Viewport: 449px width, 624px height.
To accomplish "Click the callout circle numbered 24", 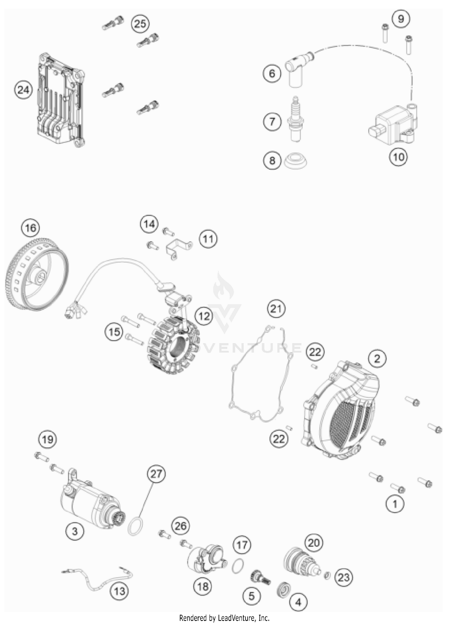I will pyautogui.click(x=23, y=90).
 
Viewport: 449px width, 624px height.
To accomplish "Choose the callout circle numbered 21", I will pyautogui.click(x=276, y=308).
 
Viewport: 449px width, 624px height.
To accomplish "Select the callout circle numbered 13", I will pyautogui.click(x=119, y=591).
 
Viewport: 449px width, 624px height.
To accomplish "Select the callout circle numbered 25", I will pyautogui.click(x=140, y=24).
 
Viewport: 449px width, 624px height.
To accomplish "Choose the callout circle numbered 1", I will pyautogui.click(x=395, y=504).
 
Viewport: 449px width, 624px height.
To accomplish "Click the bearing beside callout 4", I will pyautogui.click(x=282, y=590).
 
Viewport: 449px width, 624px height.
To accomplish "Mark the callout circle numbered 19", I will pyautogui.click(x=48, y=440).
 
